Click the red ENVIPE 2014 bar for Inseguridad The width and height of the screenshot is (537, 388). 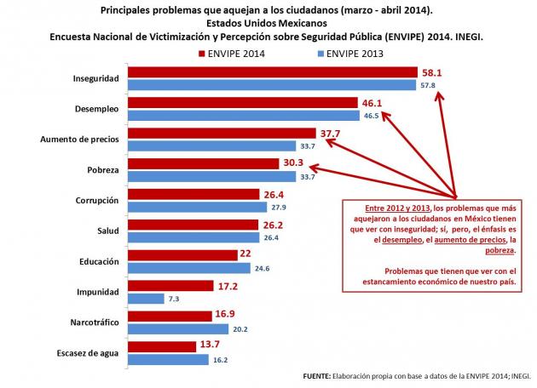tap(273, 73)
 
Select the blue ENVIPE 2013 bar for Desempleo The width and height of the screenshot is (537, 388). tap(243, 115)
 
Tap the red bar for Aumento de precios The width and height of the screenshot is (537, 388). tap(222, 134)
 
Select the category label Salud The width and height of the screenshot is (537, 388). tap(106, 231)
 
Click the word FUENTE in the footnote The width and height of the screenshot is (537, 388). tap(320, 375)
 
